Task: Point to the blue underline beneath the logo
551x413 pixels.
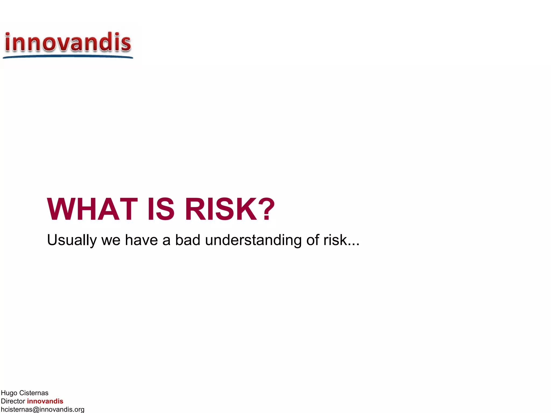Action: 68,56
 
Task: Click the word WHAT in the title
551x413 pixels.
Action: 92,209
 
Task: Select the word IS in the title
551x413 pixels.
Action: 161,209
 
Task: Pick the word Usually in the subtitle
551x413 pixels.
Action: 72,240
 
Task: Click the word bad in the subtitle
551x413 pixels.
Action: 188,240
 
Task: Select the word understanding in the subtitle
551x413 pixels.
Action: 253,240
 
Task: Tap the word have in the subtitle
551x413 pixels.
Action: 141,240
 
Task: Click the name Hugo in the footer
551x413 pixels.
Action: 9,393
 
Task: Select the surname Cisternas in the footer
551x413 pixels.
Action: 34,393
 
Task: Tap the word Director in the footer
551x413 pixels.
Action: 13,401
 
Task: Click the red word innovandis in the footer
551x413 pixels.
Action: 45,401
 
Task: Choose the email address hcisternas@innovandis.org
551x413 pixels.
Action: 43,410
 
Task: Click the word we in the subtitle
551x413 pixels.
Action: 111,240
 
